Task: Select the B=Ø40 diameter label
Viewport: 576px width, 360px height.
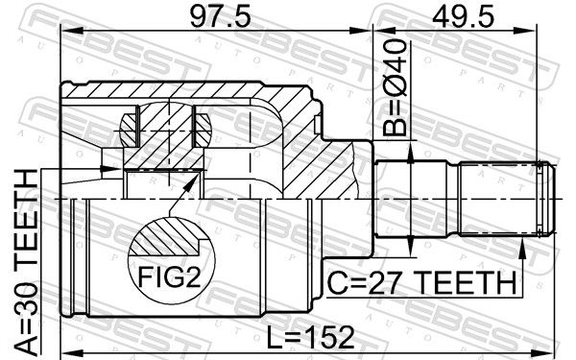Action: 395,87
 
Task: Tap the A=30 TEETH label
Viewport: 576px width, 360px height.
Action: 26,262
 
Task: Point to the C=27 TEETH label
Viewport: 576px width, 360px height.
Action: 421,282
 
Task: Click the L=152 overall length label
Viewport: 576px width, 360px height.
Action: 310,337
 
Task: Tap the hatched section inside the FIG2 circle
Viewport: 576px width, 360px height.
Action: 167,237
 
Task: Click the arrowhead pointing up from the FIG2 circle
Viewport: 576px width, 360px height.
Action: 190,181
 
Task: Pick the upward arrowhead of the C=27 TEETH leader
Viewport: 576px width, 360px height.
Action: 522,247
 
